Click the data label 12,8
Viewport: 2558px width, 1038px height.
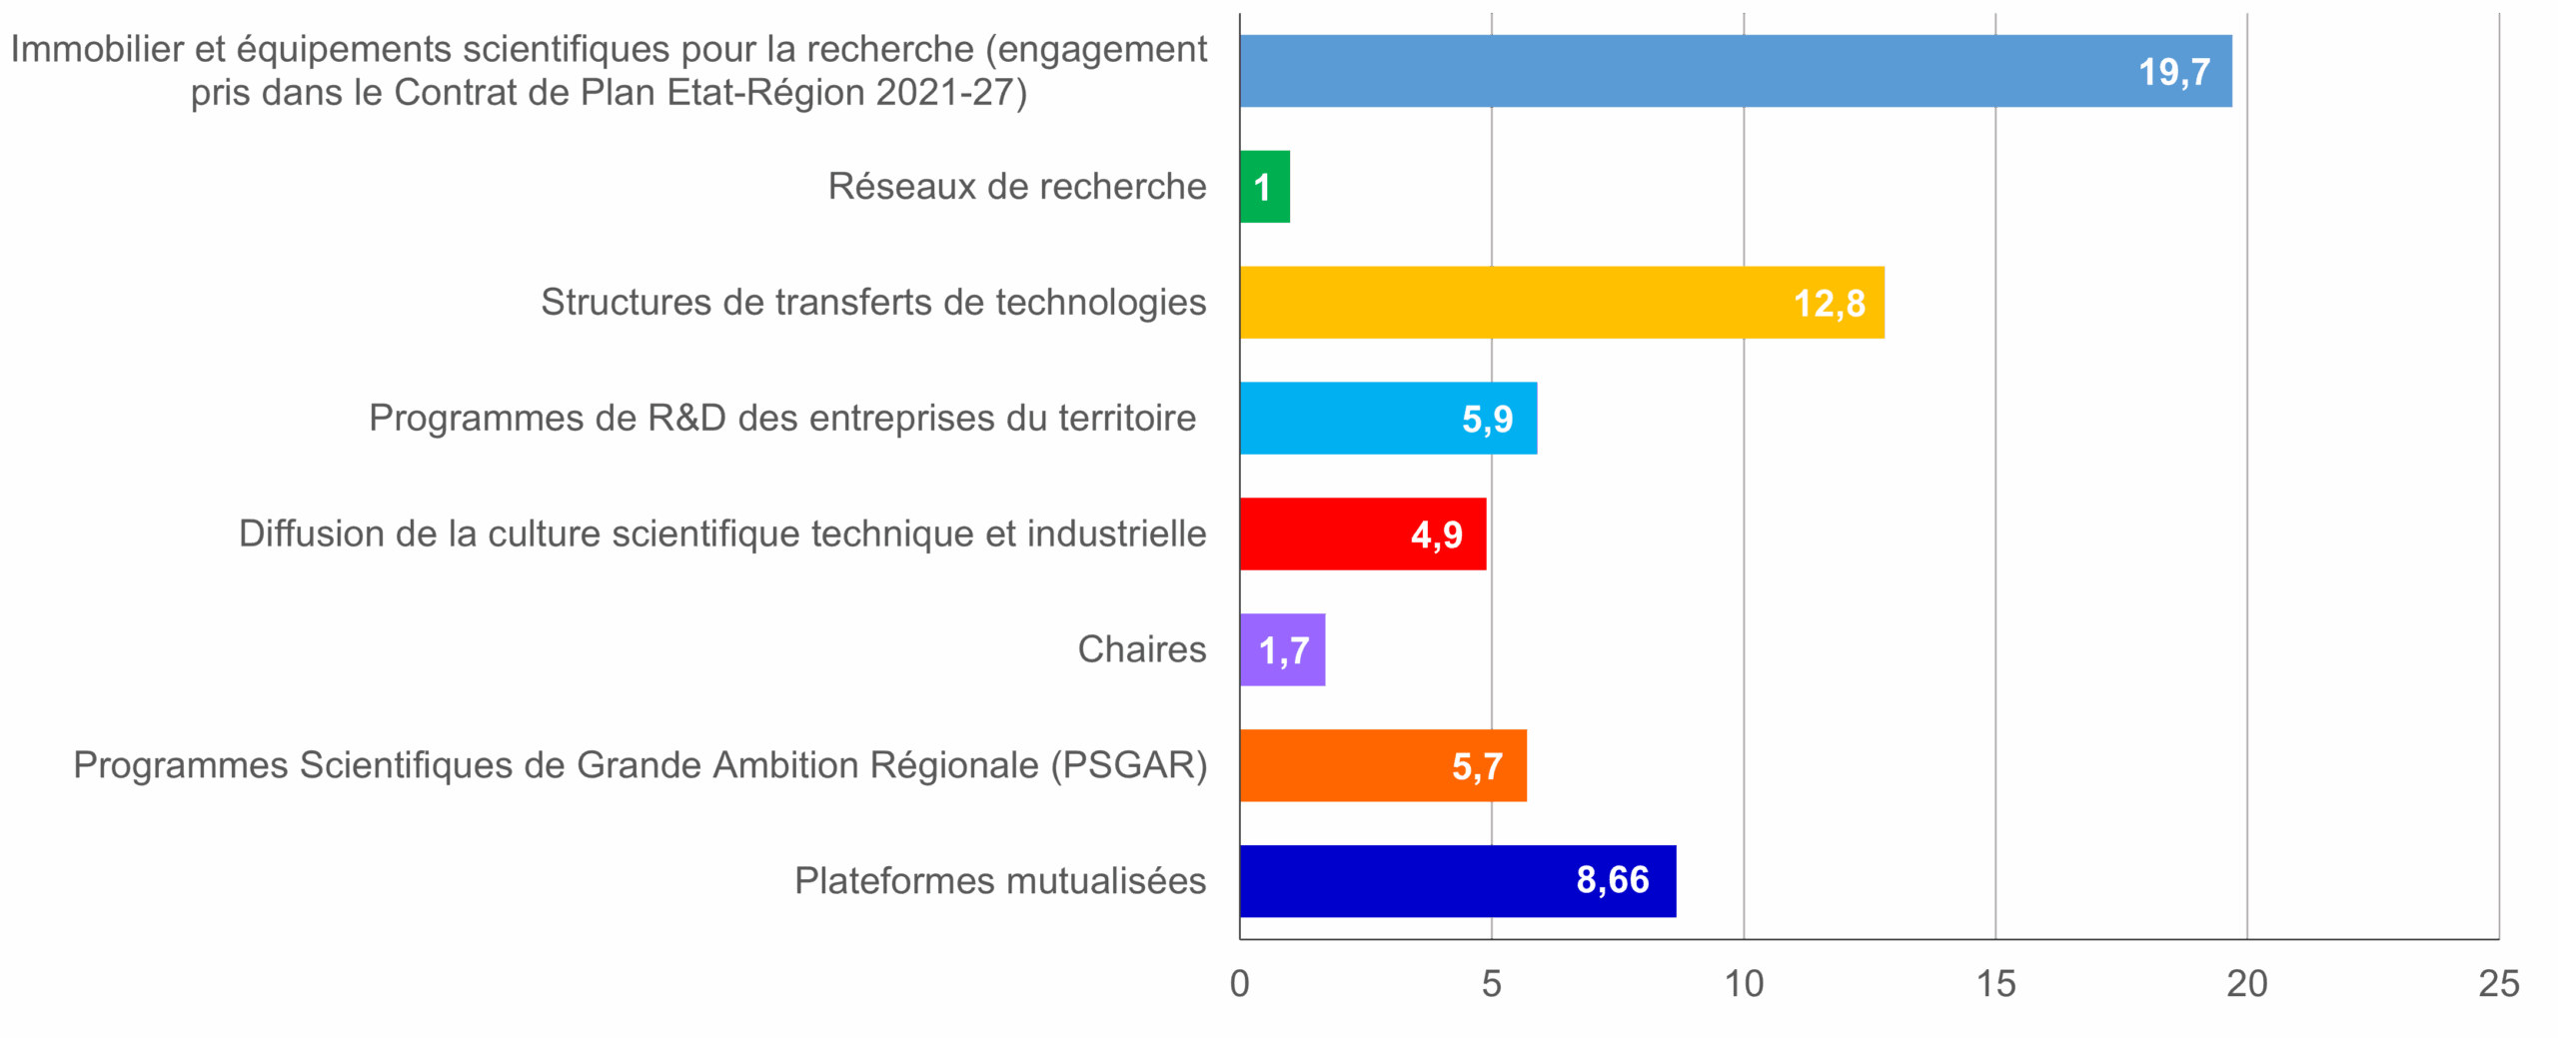coord(1829,303)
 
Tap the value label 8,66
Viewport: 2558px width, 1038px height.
coord(1612,880)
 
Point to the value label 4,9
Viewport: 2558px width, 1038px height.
coord(1436,535)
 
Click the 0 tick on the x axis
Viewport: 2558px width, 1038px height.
coord(1240,984)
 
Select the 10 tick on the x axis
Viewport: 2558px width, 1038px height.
coord(1745,984)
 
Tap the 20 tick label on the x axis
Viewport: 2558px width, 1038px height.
coord(2247,984)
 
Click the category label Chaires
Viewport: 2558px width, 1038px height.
coord(1142,649)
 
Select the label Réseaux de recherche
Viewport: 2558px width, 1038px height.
coord(1017,186)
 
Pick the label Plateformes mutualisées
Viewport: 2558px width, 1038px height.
coord(1001,881)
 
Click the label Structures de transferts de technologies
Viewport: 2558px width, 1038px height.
coord(874,302)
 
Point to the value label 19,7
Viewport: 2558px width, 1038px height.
coord(2173,72)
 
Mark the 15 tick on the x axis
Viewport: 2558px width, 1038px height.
coord(1995,984)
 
